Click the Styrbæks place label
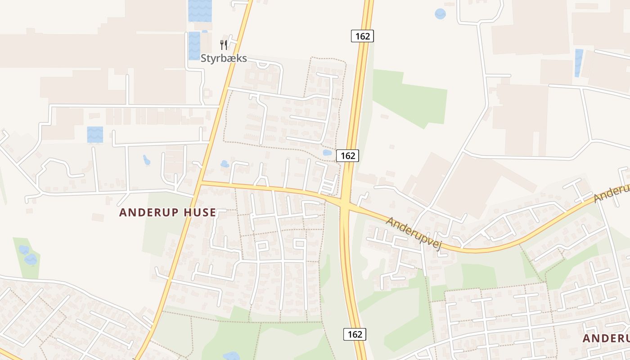tap(224, 58)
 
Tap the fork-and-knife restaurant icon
tap(224, 45)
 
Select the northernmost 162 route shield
tap(362, 36)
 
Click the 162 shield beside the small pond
tap(348, 156)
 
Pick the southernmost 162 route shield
tap(355, 334)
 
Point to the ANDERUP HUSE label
tap(167, 212)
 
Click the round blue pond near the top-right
tap(440, 14)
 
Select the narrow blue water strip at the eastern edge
tap(578, 63)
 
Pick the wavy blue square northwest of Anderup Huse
tap(95, 135)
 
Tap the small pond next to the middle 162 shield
tap(327, 153)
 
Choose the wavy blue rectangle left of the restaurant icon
tap(194, 45)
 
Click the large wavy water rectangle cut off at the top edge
tap(200, 10)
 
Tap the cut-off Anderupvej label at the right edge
tap(612, 193)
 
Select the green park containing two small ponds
tap(27, 256)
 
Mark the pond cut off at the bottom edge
tap(231, 356)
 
